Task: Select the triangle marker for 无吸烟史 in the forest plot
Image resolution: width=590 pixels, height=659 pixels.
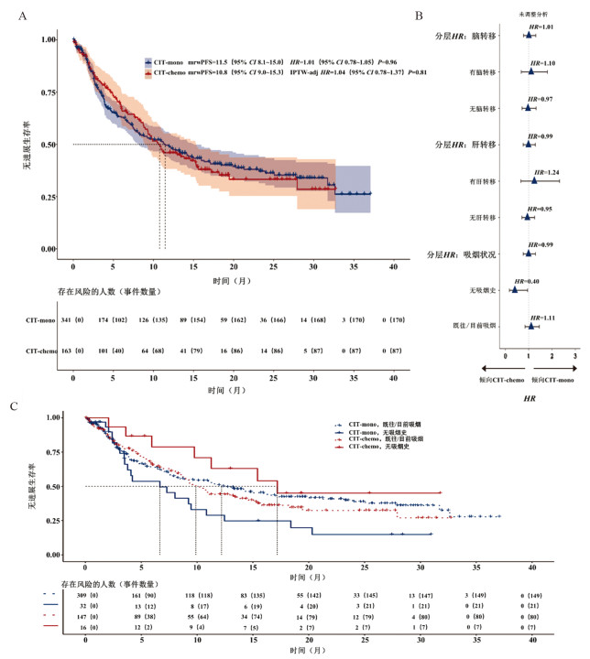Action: (x=515, y=290)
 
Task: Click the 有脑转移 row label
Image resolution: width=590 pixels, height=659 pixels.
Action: (x=483, y=72)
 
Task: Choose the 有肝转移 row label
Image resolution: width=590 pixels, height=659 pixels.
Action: (x=483, y=181)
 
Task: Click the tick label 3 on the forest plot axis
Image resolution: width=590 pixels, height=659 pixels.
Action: (x=575, y=329)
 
